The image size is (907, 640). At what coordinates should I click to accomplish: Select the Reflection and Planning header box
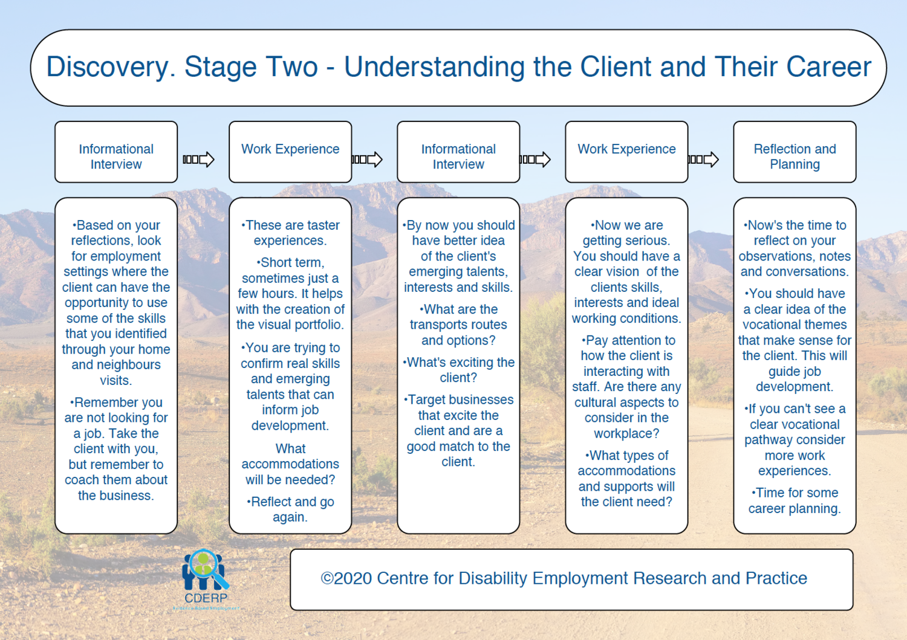coord(795,152)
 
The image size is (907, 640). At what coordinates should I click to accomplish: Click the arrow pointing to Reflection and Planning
coord(704,160)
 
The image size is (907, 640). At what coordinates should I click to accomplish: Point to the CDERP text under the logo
coord(206,598)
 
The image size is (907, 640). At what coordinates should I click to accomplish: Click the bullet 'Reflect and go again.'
coord(290,509)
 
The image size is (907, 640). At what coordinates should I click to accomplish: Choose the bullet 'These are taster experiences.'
coord(290,233)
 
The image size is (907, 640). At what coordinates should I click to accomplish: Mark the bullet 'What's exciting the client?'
coord(458,370)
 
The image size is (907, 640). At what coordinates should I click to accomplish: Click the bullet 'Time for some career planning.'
coord(795,500)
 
